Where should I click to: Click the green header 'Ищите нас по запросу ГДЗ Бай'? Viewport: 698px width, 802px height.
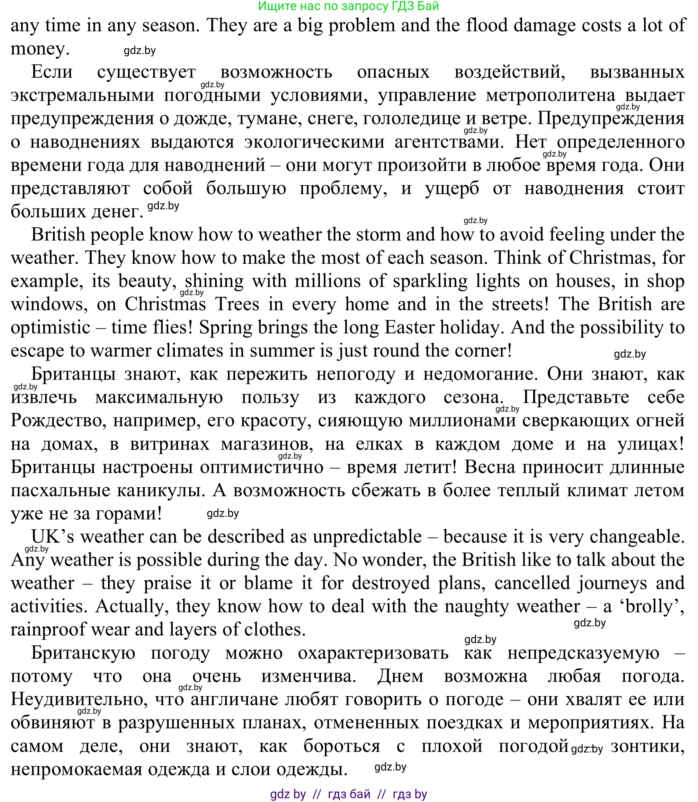point(348,6)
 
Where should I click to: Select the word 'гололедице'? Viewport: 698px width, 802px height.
point(412,118)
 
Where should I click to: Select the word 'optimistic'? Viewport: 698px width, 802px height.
point(50,327)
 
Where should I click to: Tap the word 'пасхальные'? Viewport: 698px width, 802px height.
point(60,490)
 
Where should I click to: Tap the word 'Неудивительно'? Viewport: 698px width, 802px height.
point(78,699)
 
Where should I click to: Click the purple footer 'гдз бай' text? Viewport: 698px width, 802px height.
point(349,793)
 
